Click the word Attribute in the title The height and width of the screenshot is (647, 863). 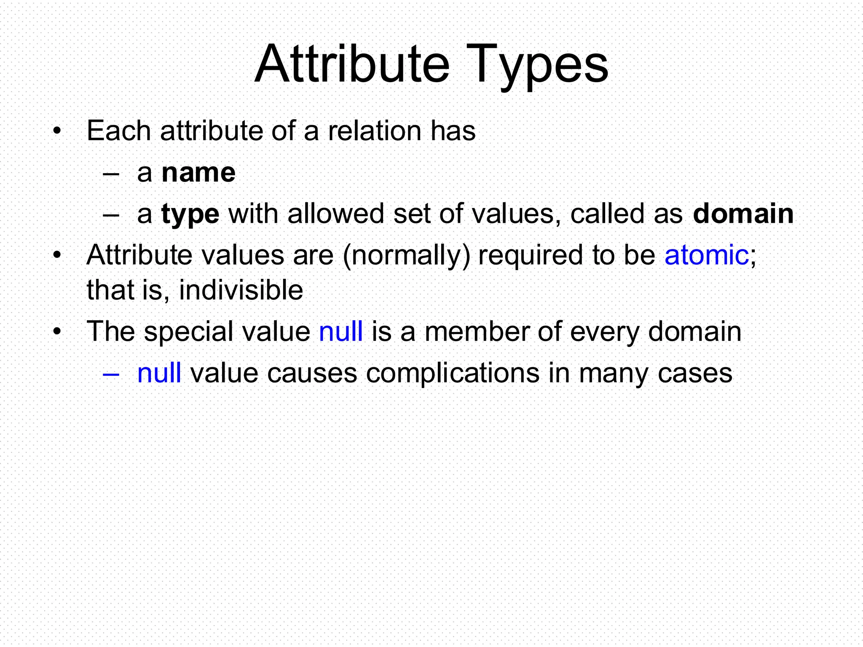(x=352, y=64)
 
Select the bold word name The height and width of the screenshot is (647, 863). (x=198, y=173)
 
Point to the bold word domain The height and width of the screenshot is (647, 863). (x=743, y=214)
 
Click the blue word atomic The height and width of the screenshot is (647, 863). (x=706, y=255)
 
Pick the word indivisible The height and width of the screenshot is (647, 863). (x=241, y=290)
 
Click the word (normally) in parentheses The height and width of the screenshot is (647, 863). (x=406, y=256)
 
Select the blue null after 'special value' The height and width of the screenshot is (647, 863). (x=341, y=331)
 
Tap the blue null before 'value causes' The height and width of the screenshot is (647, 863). (x=159, y=373)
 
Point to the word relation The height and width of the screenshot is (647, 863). (x=375, y=131)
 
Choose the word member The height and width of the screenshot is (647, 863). (x=477, y=331)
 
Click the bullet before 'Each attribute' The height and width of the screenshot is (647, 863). (x=57, y=131)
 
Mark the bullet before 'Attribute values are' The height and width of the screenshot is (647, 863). (x=57, y=256)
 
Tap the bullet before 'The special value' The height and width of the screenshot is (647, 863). (x=57, y=332)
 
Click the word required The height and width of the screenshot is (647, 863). (x=531, y=256)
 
